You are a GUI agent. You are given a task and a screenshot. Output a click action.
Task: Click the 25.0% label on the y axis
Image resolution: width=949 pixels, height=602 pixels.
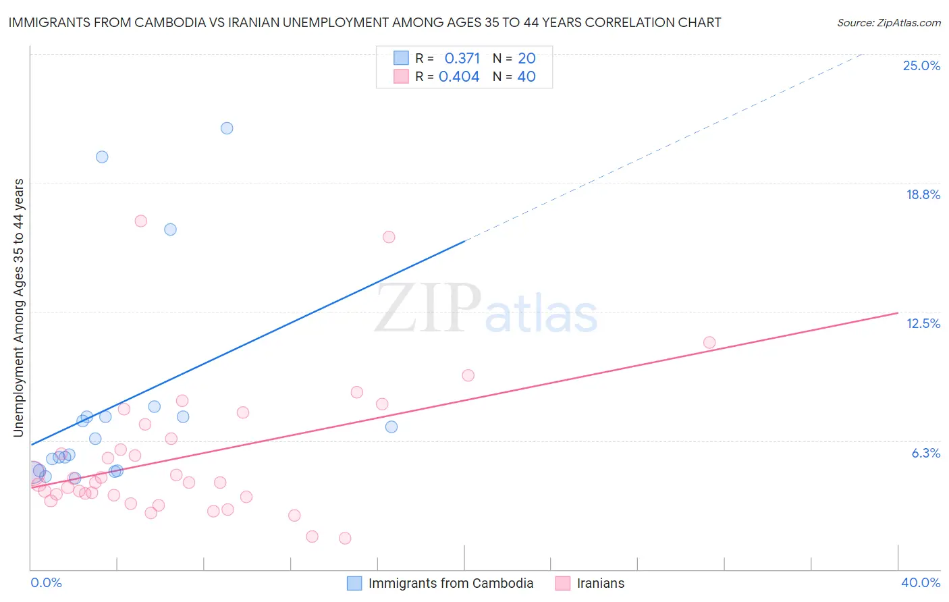coord(921,65)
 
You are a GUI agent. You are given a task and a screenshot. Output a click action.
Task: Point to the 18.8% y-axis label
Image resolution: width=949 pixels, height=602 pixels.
coord(923,194)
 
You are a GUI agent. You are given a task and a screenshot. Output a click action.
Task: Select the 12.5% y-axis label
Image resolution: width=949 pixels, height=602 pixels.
coord(923,323)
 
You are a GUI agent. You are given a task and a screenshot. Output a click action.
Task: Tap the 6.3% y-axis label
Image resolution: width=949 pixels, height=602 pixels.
coord(925,453)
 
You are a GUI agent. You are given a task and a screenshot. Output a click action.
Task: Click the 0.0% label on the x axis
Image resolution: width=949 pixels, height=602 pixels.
coord(46,582)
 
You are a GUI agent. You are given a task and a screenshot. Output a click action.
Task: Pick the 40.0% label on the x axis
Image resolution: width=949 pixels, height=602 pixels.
coord(920,582)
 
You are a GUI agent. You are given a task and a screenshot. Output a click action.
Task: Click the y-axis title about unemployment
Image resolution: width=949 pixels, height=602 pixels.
coord(19,308)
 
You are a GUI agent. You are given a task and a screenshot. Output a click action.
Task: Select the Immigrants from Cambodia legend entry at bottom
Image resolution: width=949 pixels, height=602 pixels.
coord(450,583)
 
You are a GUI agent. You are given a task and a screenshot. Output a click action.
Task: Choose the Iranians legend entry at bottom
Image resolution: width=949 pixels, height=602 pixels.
coord(600,583)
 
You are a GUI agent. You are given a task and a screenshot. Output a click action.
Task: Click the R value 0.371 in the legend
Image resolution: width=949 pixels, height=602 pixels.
coord(462,58)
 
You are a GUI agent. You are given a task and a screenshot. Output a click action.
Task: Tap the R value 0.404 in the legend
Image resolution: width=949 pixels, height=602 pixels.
coord(459,77)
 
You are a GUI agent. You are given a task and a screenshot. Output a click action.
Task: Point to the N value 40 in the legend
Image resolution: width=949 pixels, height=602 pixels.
coord(526,77)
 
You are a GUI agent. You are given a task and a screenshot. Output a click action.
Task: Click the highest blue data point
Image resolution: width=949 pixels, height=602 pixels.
coord(227,128)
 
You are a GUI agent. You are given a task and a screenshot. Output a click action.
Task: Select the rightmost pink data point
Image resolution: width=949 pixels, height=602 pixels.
coord(709,342)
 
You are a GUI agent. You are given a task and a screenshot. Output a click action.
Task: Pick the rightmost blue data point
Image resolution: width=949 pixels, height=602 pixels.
coord(391,427)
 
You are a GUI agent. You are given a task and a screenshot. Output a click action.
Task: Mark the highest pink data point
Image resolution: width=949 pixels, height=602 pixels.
coord(141,221)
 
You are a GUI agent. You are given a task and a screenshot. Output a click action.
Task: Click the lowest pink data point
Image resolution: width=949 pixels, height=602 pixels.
coord(345,538)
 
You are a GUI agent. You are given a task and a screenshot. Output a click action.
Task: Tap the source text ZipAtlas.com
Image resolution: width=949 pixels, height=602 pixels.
coord(888,22)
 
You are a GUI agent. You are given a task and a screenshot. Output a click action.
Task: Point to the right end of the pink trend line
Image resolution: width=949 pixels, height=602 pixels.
coord(898,313)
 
